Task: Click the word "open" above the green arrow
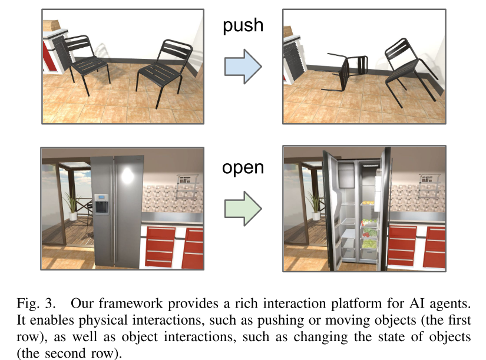tap(243, 168)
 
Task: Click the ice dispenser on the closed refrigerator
tap(102, 203)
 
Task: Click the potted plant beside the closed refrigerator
tap(72, 206)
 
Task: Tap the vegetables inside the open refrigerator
tap(369, 233)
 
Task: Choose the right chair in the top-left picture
tap(161, 68)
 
